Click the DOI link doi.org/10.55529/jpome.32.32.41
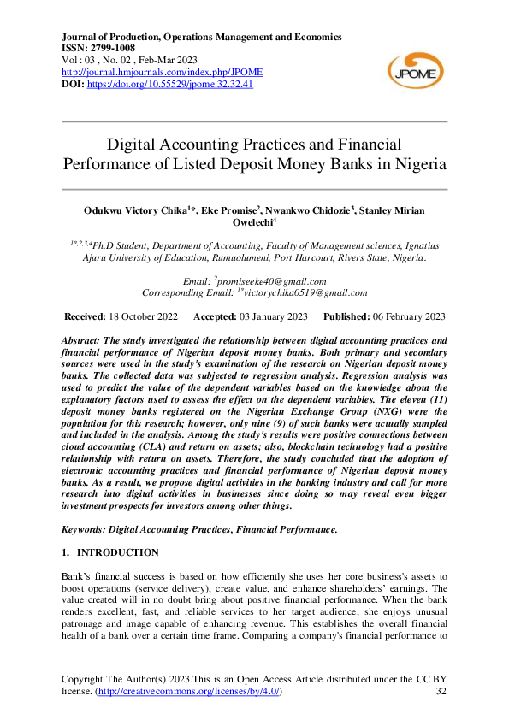[169, 85]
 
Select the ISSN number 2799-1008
[115, 49]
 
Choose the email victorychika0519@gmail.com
[305, 292]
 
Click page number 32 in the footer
[441, 691]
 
